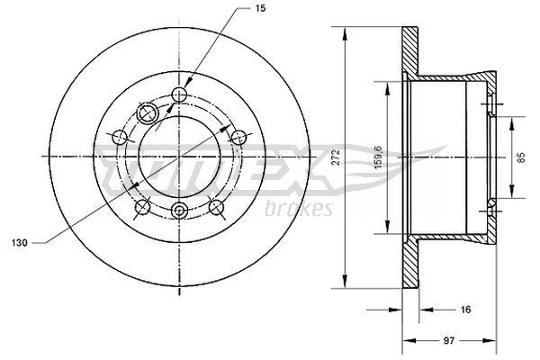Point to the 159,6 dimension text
coord(379,155)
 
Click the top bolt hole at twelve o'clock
coord(179,95)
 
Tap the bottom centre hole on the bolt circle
coord(179,211)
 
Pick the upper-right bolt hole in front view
coord(238,136)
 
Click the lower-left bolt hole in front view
coord(141,208)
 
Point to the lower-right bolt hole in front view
coord(217,208)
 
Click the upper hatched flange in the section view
coord(409,47)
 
